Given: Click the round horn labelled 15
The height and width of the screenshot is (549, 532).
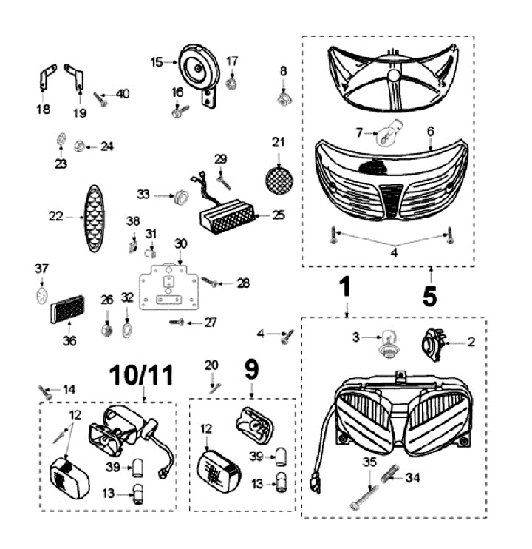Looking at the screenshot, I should (196, 70).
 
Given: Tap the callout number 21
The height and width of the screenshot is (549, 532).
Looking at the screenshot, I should (278, 141).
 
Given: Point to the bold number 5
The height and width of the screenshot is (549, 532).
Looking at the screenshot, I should (430, 295).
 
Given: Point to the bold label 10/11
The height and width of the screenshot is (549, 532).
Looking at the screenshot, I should (143, 376).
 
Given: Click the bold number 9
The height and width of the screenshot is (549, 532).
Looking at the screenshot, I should (250, 366).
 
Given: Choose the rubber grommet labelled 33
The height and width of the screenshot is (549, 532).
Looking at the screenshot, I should (179, 196).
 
